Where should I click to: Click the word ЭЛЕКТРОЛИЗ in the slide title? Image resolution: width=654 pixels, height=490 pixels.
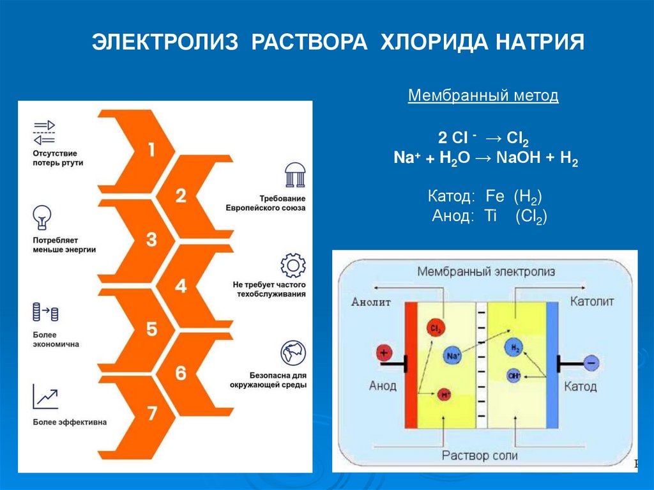165,43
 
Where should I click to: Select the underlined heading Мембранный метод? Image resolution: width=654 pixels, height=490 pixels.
483,96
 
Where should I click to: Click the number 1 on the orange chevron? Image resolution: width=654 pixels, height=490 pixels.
151,151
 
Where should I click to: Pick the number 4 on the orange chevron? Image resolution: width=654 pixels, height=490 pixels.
181,286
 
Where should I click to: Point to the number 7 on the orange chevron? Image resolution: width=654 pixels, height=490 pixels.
152,413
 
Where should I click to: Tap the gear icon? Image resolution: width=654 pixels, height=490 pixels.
293,265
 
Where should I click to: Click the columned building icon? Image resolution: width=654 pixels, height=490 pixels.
293,175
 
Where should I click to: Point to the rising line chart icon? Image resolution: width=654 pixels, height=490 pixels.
45,397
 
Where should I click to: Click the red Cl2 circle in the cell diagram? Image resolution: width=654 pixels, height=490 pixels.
436,329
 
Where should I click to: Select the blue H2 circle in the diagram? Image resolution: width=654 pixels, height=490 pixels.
513,348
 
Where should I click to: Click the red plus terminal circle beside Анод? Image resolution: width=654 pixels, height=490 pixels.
384,352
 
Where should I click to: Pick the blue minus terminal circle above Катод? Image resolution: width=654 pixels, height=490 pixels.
590,362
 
